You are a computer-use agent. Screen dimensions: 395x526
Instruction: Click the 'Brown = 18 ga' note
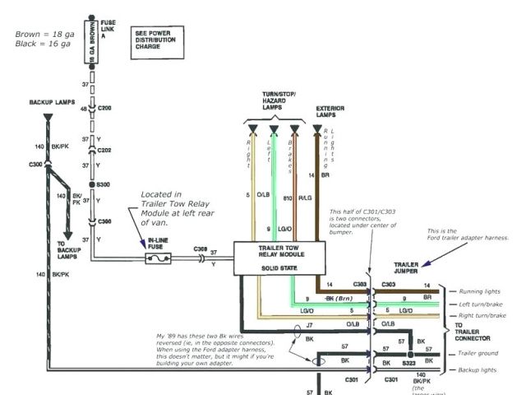click(42, 35)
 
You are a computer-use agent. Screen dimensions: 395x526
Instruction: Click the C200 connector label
click(105, 108)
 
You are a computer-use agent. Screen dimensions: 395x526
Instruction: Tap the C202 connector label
click(105, 150)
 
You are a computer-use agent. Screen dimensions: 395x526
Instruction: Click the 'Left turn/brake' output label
click(482, 304)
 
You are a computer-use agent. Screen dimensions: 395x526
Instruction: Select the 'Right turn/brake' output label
click(483, 316)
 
